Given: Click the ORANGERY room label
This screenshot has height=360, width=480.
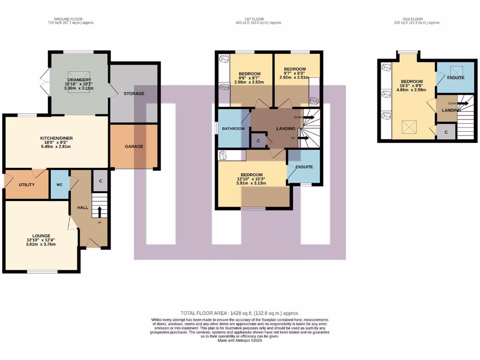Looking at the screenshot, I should [x=79, y=80].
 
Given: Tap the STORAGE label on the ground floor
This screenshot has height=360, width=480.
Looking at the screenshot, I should [x=134, y=94].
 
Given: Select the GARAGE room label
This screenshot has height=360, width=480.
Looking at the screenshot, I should [x=134, y=146].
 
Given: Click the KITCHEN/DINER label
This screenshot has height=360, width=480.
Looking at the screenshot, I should [x=56, y=138].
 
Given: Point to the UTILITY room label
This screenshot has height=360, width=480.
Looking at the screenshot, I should [x=27, y=185].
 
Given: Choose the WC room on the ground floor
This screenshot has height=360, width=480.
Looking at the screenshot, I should [x=60, y=185].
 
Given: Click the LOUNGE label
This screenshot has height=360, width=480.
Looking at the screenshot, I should [x=41, y=235].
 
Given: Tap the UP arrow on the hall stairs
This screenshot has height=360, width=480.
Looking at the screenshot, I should [x=99, y=212].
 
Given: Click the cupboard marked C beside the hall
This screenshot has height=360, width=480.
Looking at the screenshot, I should [x=101, y=181].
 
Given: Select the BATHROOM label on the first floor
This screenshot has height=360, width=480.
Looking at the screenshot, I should [x=233, y=128].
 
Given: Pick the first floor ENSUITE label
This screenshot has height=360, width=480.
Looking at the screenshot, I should [x=304, y=167].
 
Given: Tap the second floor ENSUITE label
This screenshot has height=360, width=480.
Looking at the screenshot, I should [x=456, y=77].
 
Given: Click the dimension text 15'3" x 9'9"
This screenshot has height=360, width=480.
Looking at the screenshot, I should [x=411, y=85].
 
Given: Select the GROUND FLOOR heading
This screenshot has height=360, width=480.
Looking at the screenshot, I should [x=71, y=19].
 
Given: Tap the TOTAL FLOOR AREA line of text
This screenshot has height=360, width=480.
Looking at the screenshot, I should [x=240, y=313].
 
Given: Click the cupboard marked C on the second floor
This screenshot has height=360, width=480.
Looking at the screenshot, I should [x=446, y=132].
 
